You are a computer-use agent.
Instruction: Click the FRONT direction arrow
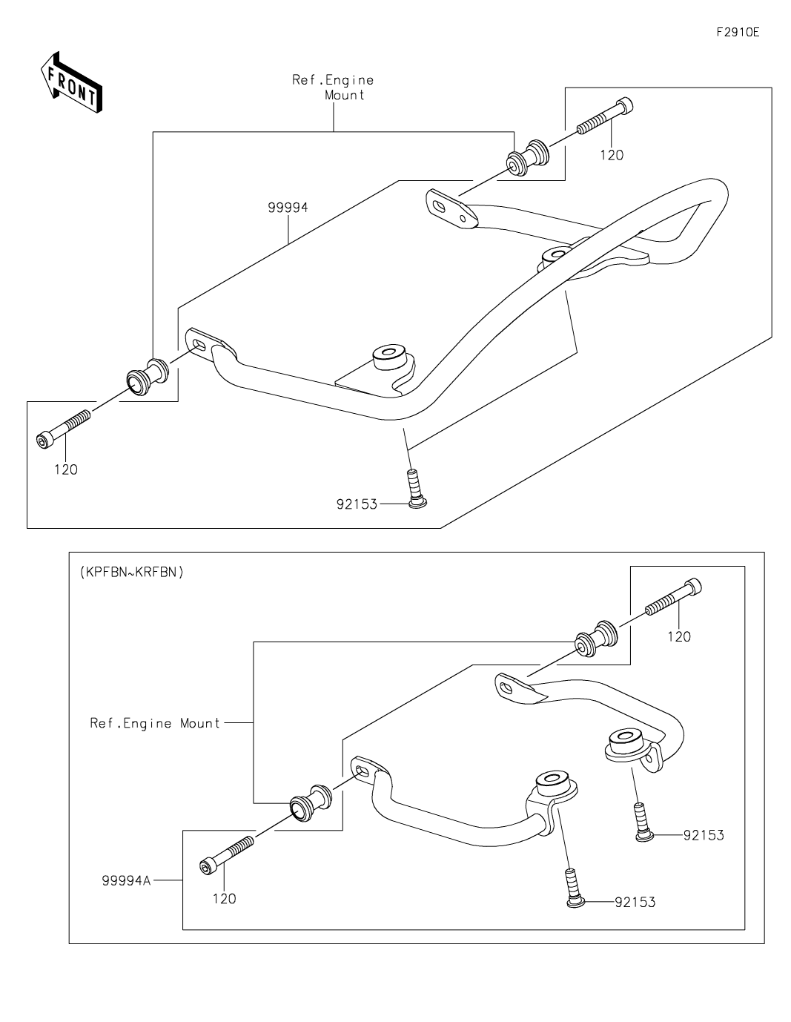pyautogui.click(x=71, y=82)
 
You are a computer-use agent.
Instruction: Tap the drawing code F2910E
pyautogui.click(x=738, y=33)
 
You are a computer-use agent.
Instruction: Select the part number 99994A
pyautogui.click(x=127, y=880)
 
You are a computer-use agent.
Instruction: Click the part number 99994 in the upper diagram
pyautogui.click(x=288, y=208)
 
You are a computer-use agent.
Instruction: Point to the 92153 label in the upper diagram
pyautogui.click(x=357, y=504)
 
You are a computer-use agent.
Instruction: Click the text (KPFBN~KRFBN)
pyautogui.click(x=132, y=572)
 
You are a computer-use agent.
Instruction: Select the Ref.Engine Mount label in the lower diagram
pyautogui.click(x=155, y=723)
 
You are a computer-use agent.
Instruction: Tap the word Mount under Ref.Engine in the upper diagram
pyautogui.click(x=345, y=95)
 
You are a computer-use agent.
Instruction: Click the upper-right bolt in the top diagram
pyautogui.click(x=604, y=116)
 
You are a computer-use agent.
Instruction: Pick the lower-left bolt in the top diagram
pyautogui.click(x=64, y=429)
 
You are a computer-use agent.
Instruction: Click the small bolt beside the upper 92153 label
pyautogui.click(x=417, y=489)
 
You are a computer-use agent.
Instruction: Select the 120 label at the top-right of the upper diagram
pyautogui.click(x=612, y=155)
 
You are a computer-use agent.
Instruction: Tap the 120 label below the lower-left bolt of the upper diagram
pyautogui.click(x=66, y=469)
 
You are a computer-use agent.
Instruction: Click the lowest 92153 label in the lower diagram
pyautogui.click(x=635, y=902)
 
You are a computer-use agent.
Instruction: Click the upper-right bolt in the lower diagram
pyautogui.click(x=673, y=597)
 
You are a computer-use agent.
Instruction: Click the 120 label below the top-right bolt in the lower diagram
pyautogui.click(x=679, y=637)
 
